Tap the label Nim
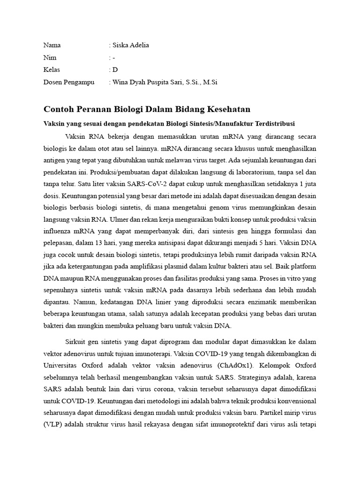[50, 58]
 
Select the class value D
[115, 70]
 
